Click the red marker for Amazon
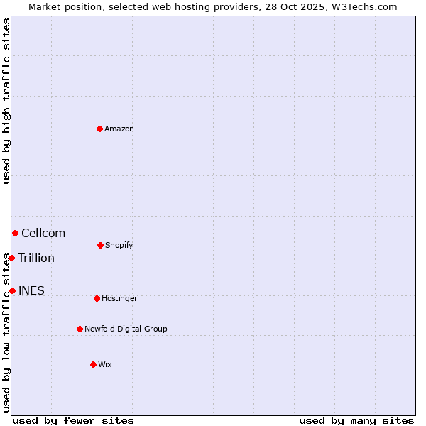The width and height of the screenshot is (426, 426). click(x=99, y=129)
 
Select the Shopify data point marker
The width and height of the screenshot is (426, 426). click(x=100, y=245)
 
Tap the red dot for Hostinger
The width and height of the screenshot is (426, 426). click(x=97, y=298)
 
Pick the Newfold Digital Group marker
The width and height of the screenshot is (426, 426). click(x=80, y=329)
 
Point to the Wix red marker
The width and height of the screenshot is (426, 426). click(x=93, y=364)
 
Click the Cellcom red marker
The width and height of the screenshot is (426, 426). click(x=15, y=233)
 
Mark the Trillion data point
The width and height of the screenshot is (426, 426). click(x=11, y=258)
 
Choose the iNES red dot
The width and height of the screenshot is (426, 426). click(x=12, y=290)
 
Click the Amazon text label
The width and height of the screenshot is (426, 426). click(x=119, y=129)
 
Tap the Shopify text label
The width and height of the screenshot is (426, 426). click(x=119, y=246)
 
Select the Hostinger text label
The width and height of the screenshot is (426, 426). click(x=119, y=299)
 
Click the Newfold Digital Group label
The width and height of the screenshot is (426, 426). click(x=126, y=329)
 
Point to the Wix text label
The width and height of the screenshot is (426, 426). click(x=105, y=365)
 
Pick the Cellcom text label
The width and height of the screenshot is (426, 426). click(x=43, y=234)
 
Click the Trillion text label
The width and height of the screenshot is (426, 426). click(x=36, y=258)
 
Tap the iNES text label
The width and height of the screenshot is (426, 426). click(x=31, y=291)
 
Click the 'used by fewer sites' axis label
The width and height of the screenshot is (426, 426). click(x=73, y=420)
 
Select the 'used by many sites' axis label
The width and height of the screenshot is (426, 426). click(x=356, y=420)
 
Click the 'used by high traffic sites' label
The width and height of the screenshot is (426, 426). click(x=6, y=101)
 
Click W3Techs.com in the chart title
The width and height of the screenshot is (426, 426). click(x=362, y=7)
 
